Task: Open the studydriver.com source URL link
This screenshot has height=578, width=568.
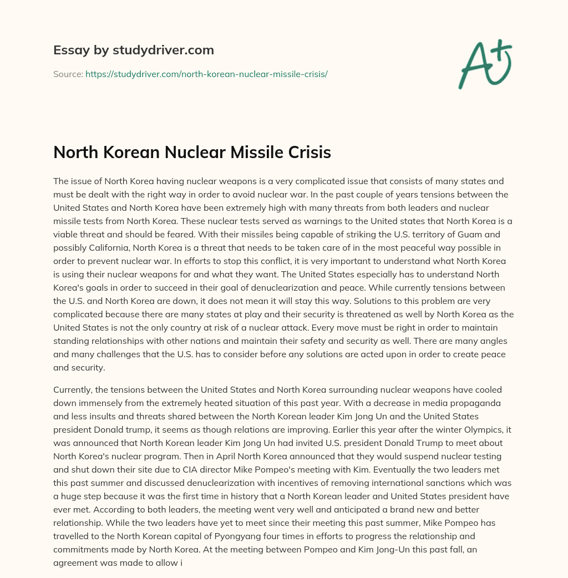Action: [206, 74]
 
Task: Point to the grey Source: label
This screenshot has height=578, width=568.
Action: [68, 74]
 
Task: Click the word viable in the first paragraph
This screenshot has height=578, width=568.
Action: [68, 234]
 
